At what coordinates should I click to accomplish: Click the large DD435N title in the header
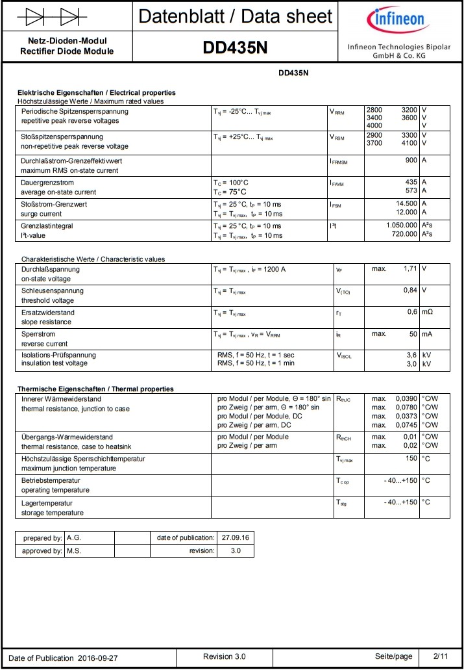point(235,47)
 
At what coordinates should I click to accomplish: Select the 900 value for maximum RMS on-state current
point(410,161)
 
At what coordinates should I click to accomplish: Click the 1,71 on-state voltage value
point(409,268)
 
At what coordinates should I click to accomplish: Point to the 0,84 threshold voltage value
point(409,290)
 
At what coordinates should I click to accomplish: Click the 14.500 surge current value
point(406,204)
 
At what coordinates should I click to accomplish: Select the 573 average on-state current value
point(411,192)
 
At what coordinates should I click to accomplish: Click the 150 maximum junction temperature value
point(411,459)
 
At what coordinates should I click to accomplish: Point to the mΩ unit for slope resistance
point(427,312)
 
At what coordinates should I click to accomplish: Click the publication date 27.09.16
point(236,538)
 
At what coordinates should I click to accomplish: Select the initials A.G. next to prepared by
point(73,538)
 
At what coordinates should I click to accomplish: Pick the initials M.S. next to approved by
point(73,551)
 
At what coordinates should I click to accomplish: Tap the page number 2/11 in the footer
point(441,656)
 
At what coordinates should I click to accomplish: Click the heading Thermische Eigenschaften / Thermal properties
point(95,389)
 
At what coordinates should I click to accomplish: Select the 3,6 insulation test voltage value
point(411,355)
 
